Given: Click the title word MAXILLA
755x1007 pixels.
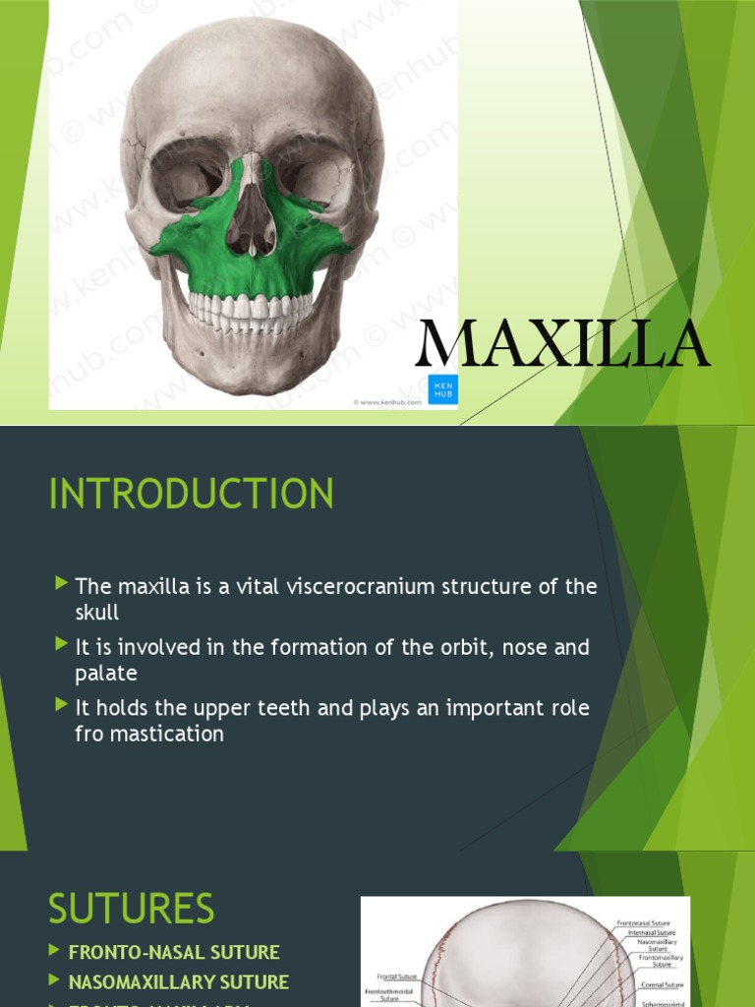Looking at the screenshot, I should (x=562, y=344).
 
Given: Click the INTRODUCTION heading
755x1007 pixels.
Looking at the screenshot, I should (x=191, y=494).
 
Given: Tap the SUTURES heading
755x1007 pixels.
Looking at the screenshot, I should (x=131, y=909).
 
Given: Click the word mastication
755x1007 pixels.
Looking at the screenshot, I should (x=162, y=734).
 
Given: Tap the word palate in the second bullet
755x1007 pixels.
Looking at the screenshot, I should (x=105, y=674).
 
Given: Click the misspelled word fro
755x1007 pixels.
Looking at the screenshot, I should (x=91, y=734).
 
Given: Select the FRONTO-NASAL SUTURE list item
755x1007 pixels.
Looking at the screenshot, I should (x=174, y=952).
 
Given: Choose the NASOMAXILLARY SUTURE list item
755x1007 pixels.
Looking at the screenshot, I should (x=178, y=981).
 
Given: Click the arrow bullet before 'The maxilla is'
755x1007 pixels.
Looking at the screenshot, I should (x=63, y=586).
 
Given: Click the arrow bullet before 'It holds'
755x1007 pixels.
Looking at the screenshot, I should (x=63, y=706).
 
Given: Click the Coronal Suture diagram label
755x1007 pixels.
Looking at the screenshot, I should (x=661, y=984).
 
